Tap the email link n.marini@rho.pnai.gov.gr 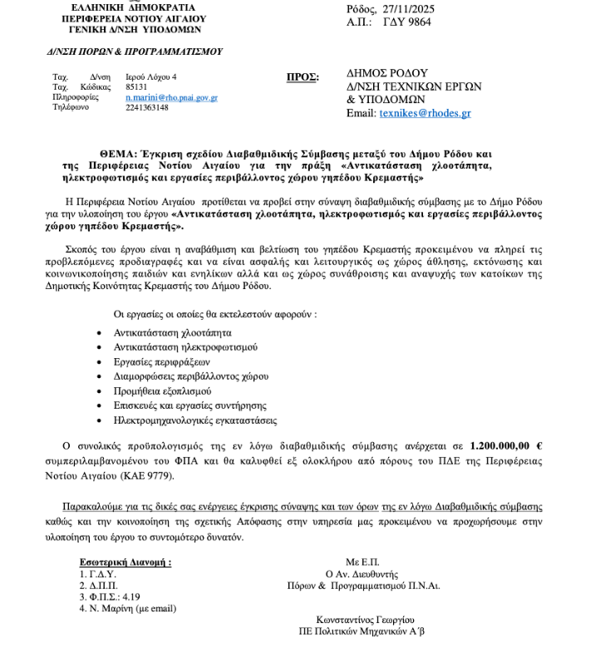[x=171, y=97]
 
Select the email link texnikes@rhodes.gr [x=425, y=113]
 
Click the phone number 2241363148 [x=146, y=107]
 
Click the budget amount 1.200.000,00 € [x=505, y=446]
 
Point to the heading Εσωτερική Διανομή [x=125, y=562]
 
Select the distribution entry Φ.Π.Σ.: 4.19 [x=110, y=596]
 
